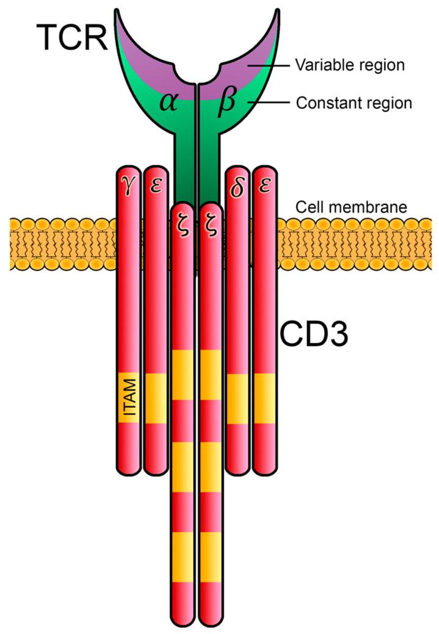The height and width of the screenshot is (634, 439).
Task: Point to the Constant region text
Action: coord(354,103)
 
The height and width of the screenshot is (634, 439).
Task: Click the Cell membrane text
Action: coord(351,207)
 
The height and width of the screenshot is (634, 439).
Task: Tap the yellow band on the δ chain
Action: coord(238,398)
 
